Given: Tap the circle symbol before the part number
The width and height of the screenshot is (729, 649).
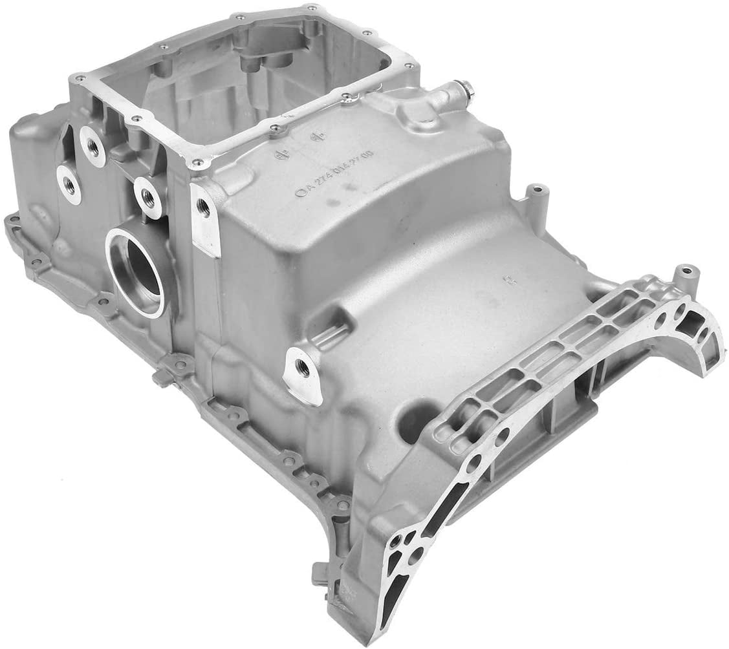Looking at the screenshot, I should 299,192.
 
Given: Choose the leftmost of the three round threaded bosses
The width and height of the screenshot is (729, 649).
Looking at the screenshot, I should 69,184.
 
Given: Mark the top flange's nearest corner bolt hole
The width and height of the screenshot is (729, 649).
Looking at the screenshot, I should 197,162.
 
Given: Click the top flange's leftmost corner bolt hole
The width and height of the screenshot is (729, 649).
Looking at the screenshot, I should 80,78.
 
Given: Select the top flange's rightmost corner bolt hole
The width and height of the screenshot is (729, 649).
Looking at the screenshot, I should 409,64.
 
